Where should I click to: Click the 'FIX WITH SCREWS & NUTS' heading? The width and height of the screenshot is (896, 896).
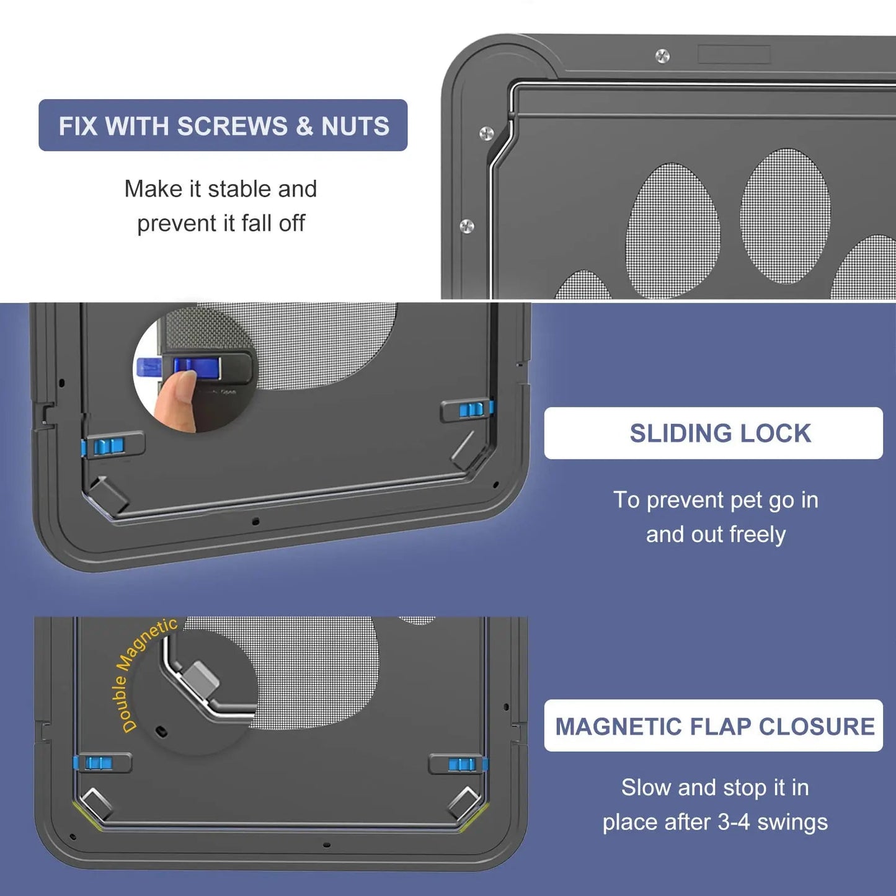[223, 126]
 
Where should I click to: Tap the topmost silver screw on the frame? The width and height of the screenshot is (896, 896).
[662, 56]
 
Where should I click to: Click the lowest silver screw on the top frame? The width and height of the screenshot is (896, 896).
[467, 226]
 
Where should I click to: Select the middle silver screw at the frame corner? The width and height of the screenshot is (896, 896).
[487, 133]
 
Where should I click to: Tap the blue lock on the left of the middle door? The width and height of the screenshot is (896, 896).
[109, 446]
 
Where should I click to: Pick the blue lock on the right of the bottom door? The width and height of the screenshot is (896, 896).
[462, 764]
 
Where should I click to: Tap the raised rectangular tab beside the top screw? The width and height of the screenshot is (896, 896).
[734, 55]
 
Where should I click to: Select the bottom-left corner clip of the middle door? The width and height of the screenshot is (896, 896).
[109, 494]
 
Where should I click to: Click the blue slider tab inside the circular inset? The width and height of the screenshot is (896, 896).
[186, 366]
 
